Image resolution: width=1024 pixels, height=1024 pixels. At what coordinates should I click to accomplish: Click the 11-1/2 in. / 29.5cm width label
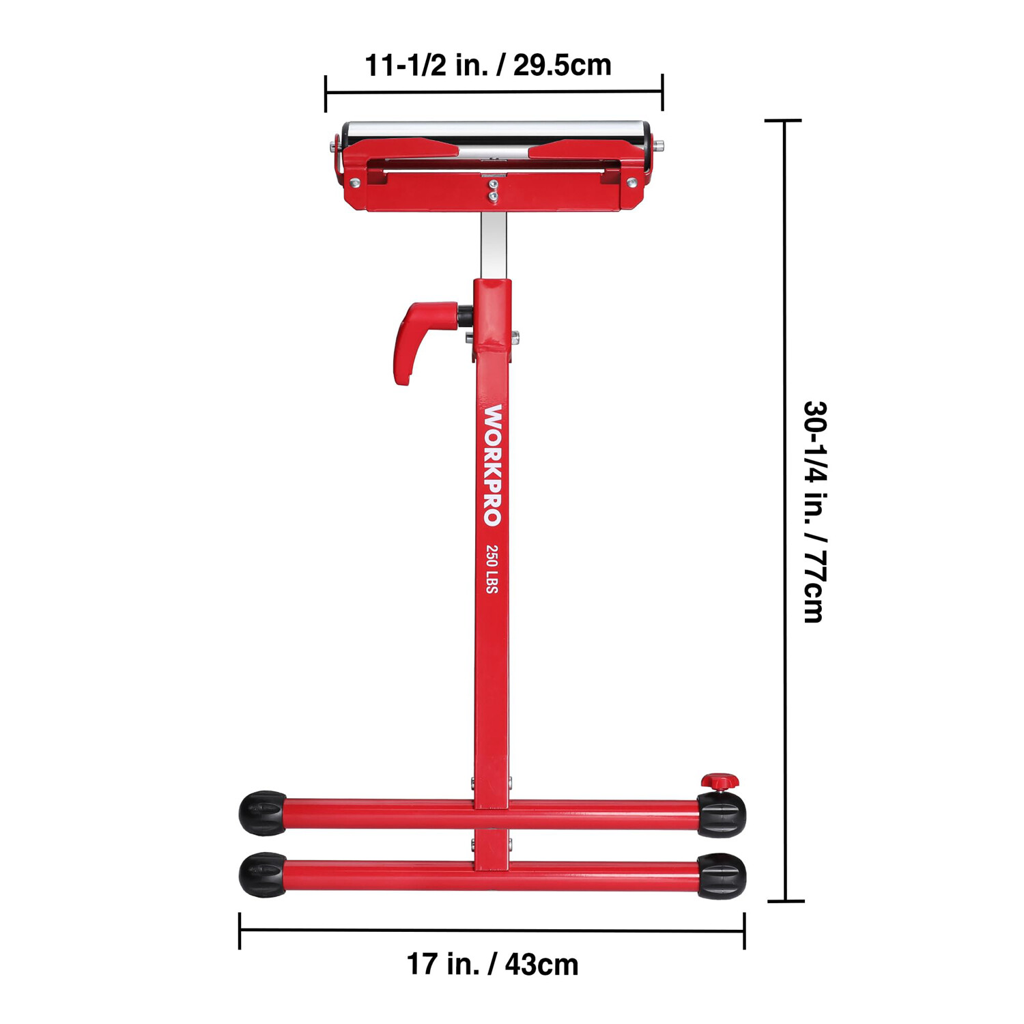click(487, 66)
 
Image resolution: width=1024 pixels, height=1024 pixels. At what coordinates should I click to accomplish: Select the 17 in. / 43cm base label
click(492, 965)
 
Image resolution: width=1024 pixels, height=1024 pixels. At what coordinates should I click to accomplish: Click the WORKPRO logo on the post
click(492, 465)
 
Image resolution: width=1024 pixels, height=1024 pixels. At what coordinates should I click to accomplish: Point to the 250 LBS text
click(492, 569)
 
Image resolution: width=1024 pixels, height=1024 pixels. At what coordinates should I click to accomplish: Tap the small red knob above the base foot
click(720, 780)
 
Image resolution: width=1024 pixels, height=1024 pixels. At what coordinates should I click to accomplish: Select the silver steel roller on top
click(495, 129)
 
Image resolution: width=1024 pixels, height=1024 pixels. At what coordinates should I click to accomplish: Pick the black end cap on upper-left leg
click(262, 813)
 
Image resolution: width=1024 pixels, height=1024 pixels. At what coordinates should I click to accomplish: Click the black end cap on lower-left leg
click(262, 874)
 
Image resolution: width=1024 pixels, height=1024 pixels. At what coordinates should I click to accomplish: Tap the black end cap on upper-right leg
click(722, 814)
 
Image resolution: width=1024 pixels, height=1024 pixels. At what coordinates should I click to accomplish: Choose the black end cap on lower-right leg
click(722, 876)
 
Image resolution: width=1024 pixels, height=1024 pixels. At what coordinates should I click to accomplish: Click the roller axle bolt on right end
click(658, 145)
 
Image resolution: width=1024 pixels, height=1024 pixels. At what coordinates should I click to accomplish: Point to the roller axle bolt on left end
click(332, 146)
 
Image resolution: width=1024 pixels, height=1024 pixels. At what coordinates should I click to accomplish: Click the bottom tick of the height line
click(786, 901)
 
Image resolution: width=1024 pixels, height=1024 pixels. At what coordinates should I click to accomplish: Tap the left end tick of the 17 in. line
click(240, 930)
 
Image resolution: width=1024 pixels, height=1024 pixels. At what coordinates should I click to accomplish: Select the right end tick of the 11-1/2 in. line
click(662, 91)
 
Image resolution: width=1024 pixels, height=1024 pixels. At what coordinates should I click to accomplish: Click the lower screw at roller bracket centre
click(492, 196)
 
